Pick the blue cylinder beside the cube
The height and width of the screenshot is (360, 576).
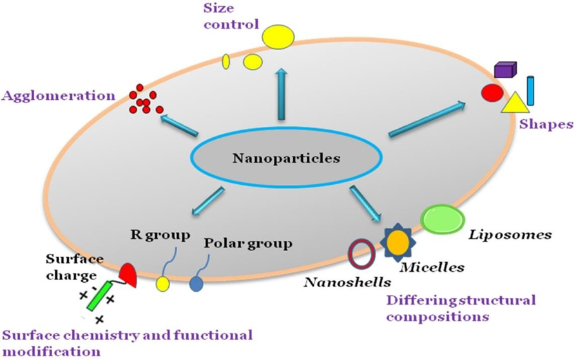(x=530, y=91)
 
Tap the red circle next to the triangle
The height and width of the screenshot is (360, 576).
(x=492, y=93)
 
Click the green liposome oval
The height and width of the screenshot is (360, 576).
(x=440, y=218)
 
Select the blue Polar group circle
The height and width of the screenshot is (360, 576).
(x=195, y=283)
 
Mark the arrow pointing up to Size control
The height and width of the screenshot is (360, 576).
(x=280, y=93)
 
